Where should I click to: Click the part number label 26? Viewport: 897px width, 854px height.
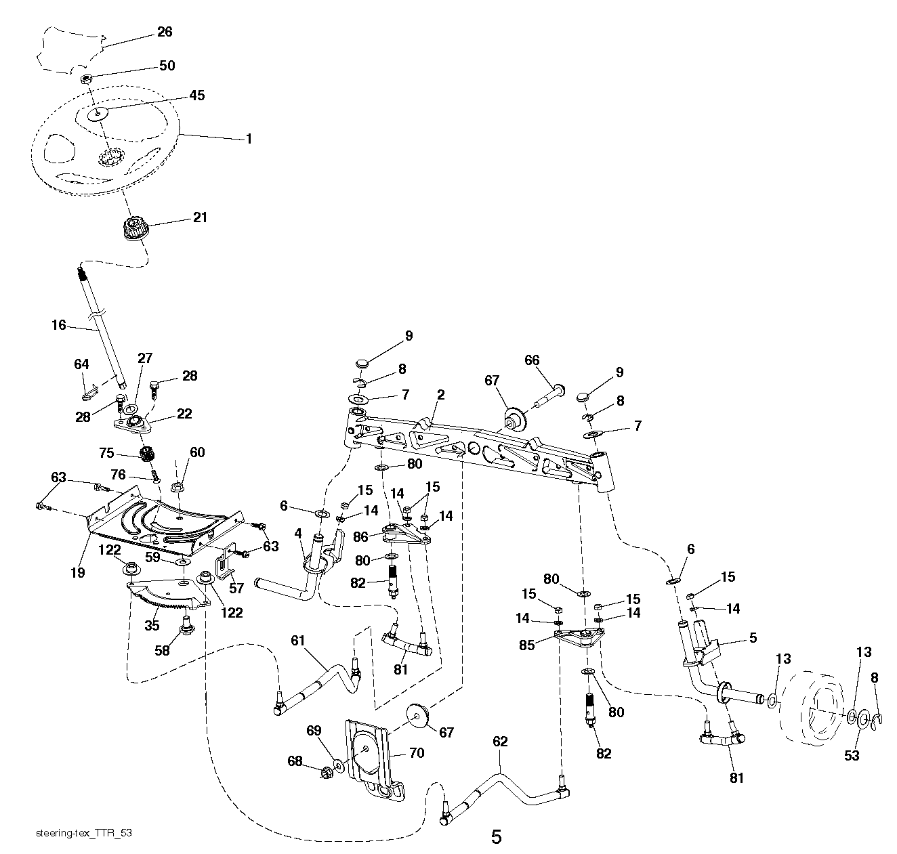click(165, 32)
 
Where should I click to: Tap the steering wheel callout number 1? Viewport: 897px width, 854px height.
click(249, 139)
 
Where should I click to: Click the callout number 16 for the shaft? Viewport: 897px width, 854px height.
click(59, 325)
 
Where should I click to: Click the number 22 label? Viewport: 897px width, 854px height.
click(184, 414)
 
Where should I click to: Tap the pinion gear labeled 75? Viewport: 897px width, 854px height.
click(145, 453)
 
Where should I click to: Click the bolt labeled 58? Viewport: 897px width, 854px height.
click(184, 631)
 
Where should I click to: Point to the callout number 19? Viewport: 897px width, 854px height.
click(77, 572)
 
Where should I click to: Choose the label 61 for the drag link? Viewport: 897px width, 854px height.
click(298, 639)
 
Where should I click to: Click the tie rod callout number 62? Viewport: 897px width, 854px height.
click(499, 742)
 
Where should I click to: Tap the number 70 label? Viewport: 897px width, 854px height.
click(416, 753)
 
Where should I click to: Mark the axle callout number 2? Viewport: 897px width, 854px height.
click(440, 395)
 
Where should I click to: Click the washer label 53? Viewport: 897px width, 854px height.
click(851, 754)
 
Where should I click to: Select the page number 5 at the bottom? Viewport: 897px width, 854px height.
click(496, 837)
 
